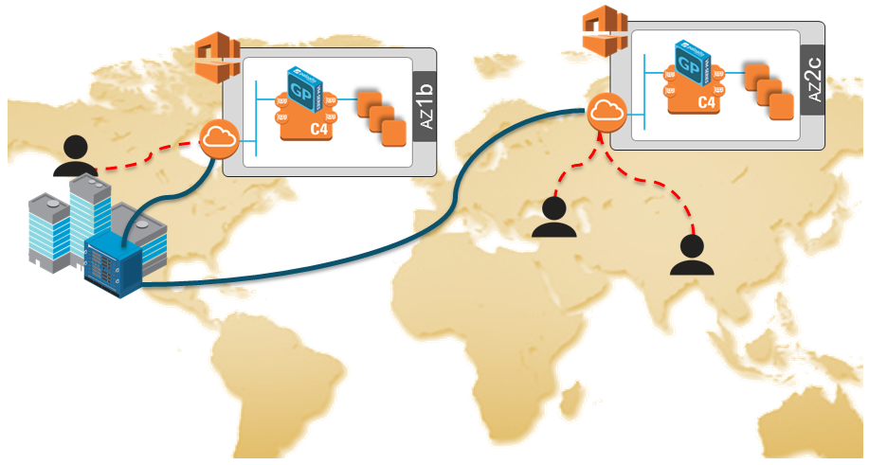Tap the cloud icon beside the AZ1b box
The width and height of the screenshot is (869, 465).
(x=219, y=141)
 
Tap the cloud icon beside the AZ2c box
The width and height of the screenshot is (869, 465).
(x=606, y=113)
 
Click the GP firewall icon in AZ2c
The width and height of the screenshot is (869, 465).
(x=694, y=65)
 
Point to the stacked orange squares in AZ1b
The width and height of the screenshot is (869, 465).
(x=379, y=116)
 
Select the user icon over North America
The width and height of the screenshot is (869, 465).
(x=74, y=156)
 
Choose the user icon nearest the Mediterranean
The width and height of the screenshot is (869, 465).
(x=553, y=217)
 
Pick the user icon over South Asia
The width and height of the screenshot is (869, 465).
(x=692, y=254)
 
